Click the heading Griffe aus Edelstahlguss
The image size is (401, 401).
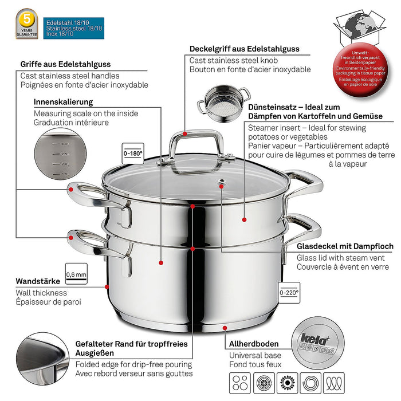(x=65, y=65)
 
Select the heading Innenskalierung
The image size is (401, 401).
(x=56, y=102)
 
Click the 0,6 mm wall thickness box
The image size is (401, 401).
(x=76, y=274)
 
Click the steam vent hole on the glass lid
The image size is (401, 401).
(x=221, y=184)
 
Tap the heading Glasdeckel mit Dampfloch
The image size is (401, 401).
(x=345, y=246)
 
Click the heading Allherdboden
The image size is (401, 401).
(x=254, y=344)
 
